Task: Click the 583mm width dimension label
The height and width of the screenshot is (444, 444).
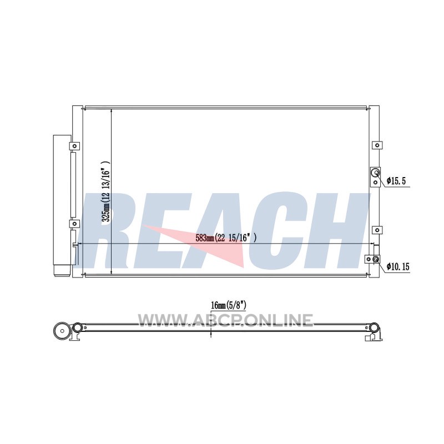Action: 226,238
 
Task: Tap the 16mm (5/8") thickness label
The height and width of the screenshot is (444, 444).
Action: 229,305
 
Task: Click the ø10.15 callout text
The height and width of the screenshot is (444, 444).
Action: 398,266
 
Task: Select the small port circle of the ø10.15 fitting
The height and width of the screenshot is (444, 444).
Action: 376,259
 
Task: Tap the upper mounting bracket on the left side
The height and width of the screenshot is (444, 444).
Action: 74,146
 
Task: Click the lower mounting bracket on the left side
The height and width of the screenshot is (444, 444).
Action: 74,224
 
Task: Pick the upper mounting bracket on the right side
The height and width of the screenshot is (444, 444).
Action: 377,145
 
